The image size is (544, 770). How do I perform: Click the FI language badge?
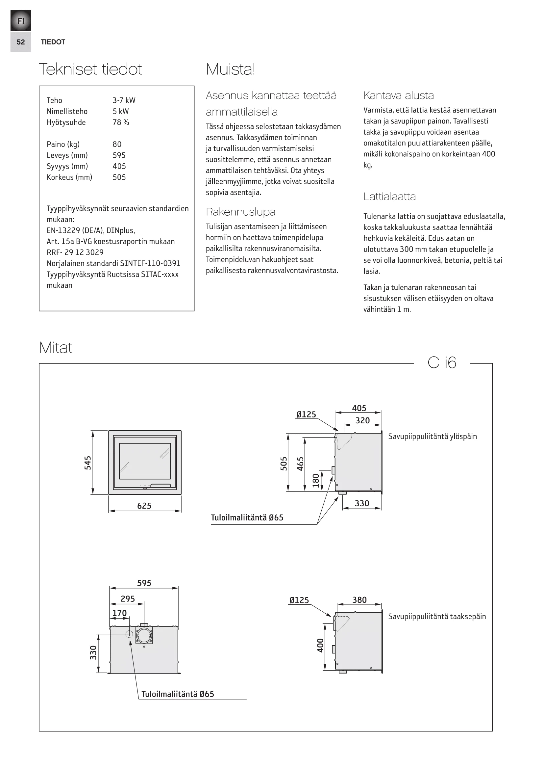[x=21, y=21]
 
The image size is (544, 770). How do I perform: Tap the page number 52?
[x=21, y=42]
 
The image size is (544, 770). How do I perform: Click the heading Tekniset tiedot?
[x=90, y=69]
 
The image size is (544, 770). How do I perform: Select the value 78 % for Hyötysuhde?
[x=121, y=122]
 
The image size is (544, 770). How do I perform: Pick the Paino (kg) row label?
[x=63, y=144]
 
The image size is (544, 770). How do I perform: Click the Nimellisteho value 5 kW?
[x=121, y=111]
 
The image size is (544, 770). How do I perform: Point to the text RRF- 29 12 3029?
[x=75, y=252]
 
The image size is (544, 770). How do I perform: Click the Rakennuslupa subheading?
[x=240, y=212]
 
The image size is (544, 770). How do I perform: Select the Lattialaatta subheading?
[x=389, y=197]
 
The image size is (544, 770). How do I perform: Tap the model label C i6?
[x=442, y=362]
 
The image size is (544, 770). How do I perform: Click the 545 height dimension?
[x=88, y=463]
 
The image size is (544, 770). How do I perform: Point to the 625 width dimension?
[x=144, y=506]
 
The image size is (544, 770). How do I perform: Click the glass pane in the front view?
[x=145, y=461]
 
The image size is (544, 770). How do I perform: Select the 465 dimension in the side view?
[x=301, y=464]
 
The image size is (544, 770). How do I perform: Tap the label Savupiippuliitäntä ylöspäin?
[x=432, y=436]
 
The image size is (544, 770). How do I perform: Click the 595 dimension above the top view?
[x=144, y=583]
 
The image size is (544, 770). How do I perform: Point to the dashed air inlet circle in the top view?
[x=129, y=634]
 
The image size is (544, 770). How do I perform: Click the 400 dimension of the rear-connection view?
[x=320, y=646]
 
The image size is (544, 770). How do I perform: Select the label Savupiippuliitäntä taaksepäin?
[x=437, y=616]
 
